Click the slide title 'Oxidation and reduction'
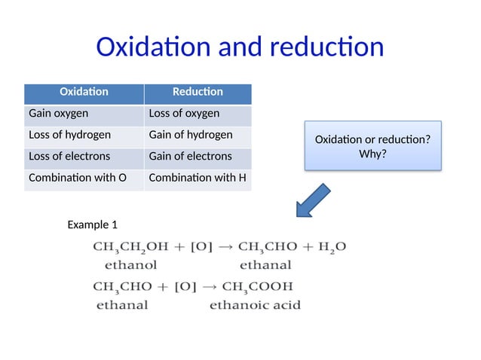[x=240, y=47]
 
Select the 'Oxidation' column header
[x=84, y=92]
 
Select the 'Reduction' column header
[x=198, y=92]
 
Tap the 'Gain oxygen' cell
[x=84, y=114]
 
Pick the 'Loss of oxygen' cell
[x=198, y=114]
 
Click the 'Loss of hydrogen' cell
[x=84, y=136]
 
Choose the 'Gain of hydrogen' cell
[x=198, y=136]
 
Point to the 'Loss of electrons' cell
[x=84, y=157]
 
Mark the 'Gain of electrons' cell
[x=198, y=157]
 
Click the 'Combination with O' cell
[x=84, y=178]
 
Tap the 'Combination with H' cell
[x=198, y=178]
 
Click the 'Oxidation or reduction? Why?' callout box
[x=372, y=146]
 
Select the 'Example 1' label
[x=93, y=224]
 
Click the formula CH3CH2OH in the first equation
[x=129, y=247]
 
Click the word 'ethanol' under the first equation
[x=130, y=265]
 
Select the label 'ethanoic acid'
[x=255, y=305]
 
